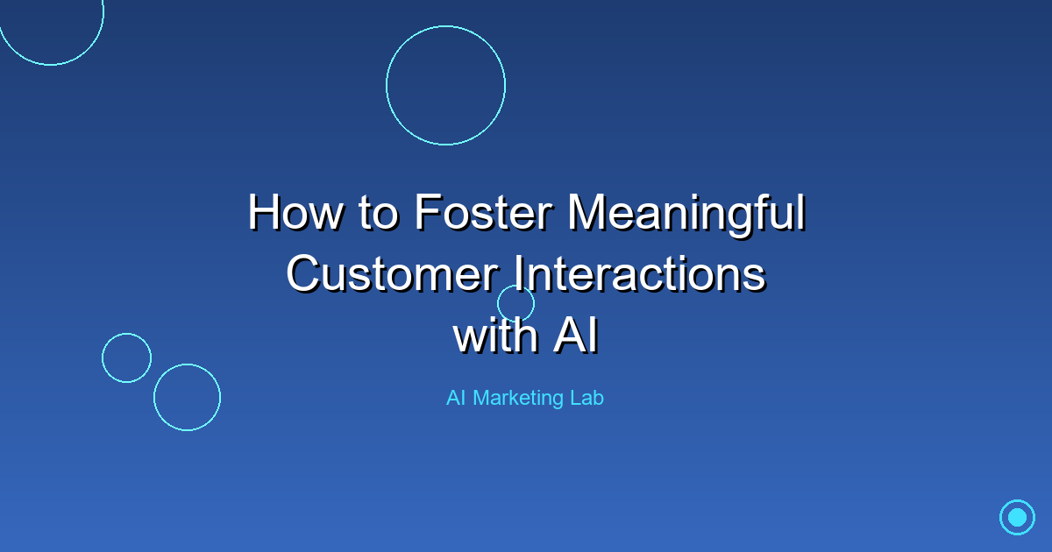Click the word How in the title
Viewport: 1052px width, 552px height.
pos(295,213)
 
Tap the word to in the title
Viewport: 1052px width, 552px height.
pos(379,215)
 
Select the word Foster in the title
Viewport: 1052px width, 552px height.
pos(483,213)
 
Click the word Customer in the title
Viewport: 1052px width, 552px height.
pos(392,273)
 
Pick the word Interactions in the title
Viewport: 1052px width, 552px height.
pos(640,273)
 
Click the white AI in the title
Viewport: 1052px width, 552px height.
pos(576,335)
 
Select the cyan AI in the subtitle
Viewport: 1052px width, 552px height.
pos(456,398)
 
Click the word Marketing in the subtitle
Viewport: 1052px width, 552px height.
pos(518,399)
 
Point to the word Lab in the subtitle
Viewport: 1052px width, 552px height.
pos(586,398)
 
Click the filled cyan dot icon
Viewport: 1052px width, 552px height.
pos(1017,517)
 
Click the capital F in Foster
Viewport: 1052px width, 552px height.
pos(429,213)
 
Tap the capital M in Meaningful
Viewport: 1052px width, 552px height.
pos(588,213)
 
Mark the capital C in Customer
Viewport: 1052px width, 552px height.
pos(303,273)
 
